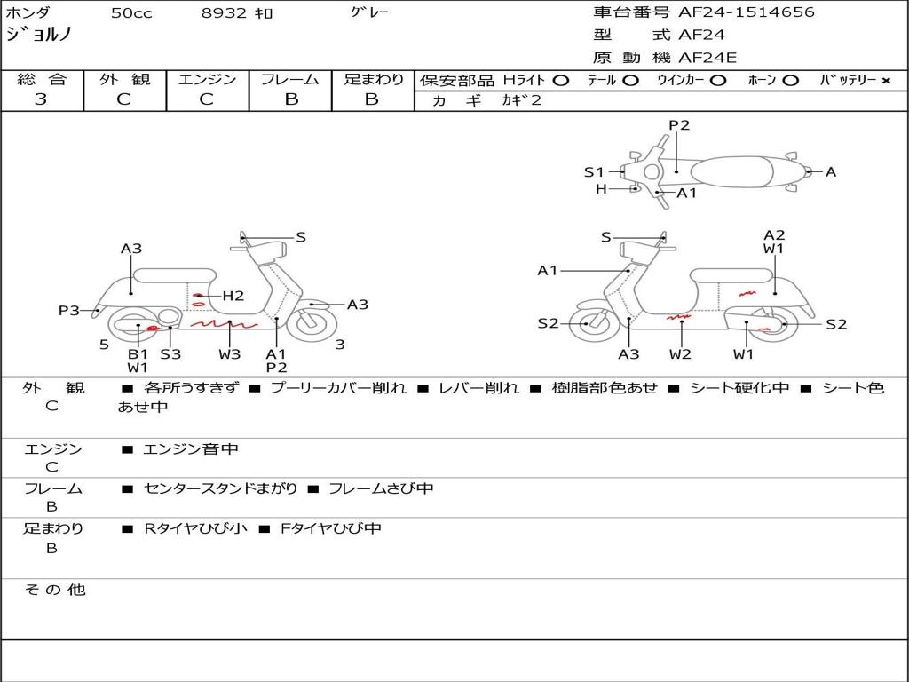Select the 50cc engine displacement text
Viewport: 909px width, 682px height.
(x=131, y=13)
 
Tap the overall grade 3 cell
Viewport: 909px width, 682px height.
(x=41, y=99)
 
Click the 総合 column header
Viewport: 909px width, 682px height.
(x=41, y=80)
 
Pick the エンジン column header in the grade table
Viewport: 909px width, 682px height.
(x=207, y=80)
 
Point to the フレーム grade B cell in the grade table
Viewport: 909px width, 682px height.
(x=290, y=99)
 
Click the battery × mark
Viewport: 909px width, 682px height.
(x=886, y=81)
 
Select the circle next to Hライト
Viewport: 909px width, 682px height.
(x=560, y=81)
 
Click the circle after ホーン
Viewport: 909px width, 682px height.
(x=790, y=81)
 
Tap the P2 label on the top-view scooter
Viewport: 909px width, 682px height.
(x=679, y=125)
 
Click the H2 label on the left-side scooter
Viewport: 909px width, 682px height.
(x=233, y=296)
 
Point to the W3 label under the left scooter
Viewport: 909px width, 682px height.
(x=230, y=354)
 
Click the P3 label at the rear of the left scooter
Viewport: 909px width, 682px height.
(x=69, y=311)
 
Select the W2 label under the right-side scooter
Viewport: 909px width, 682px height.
(x=681, y=354)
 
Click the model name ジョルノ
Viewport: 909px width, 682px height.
(x=39, y=35)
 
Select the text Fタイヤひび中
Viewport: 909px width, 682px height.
(x=331, y=528)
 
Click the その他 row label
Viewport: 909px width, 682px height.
(x=54, y=590)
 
